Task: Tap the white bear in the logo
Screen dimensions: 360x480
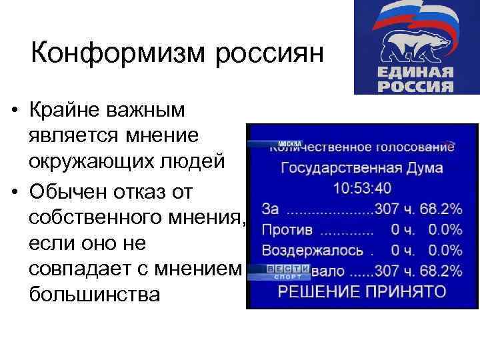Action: (x=413, y=47)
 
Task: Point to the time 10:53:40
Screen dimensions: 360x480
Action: (x=362, y=188)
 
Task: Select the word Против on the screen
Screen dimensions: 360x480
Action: (x=287, y=230)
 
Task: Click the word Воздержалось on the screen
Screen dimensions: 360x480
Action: (x=313, y=251)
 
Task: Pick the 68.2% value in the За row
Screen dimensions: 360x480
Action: (x=442, y=209)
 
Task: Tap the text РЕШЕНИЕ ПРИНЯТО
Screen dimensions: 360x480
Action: (x=362, y=291)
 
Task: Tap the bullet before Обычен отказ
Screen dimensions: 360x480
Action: (x=13, y=193)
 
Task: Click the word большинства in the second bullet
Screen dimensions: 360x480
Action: (x=94, y=293)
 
